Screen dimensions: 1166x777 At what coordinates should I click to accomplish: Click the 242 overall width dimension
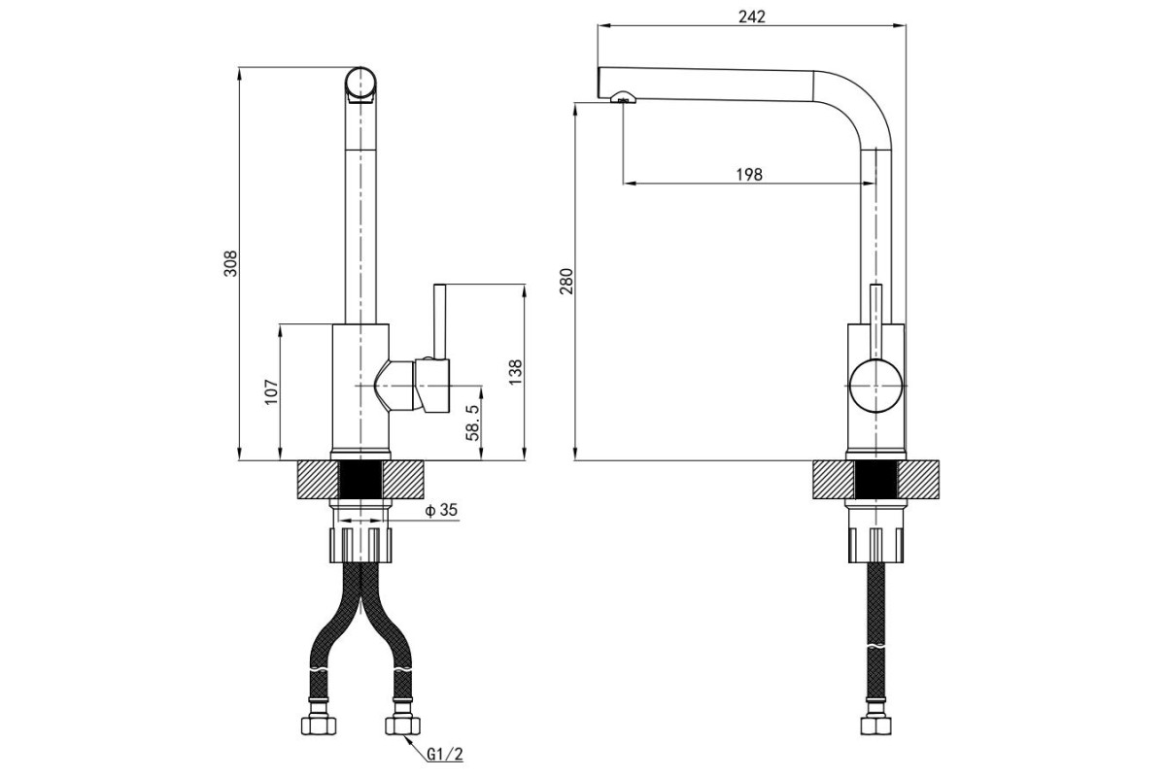click(x=752, y=17)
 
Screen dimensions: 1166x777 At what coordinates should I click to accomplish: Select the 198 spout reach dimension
click(x=749, y=174)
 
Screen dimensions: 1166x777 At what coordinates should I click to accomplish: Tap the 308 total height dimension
click(x=230, y=263)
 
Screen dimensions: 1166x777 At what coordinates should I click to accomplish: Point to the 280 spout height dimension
click(x=566, y=281)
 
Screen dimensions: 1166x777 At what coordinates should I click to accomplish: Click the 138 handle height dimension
click(x=515, y=372)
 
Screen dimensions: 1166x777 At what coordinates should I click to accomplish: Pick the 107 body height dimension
click(x=271, y=391)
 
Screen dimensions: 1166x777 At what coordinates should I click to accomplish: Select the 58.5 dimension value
click(x=472, y=422)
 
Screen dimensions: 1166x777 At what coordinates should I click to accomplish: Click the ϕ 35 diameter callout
click(x=441, y=510)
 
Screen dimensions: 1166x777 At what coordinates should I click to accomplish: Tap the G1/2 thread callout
click(x=445, y=754)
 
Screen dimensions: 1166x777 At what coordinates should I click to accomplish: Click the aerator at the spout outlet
click(x=623, y=96)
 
